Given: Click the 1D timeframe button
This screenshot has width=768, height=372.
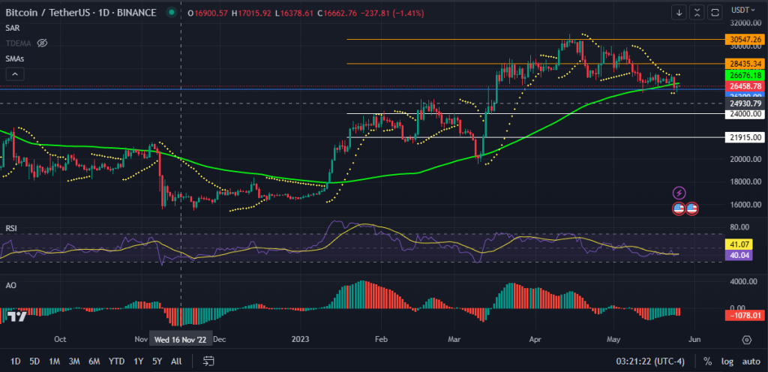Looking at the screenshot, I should [15, 361].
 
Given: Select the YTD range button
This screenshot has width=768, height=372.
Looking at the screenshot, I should [116, 361].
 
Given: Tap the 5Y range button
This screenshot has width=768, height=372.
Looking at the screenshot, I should [157, 361].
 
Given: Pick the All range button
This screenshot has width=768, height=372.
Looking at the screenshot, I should [176, 361].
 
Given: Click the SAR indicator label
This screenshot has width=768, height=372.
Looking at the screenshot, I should [12, 28].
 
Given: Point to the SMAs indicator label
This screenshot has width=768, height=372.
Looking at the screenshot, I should [15, 58].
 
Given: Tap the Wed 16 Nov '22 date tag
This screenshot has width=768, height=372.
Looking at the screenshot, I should [181, 339].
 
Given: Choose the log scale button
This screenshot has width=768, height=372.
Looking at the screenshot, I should [727, 361].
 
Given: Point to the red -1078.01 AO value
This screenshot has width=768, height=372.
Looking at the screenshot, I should [742, 315].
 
